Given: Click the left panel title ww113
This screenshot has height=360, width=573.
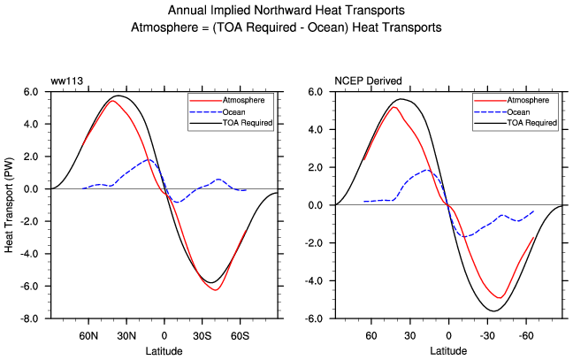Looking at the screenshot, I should [64, 81].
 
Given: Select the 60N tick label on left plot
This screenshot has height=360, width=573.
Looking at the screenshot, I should [88, 336].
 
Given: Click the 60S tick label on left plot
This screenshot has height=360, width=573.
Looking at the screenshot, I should [241, 336].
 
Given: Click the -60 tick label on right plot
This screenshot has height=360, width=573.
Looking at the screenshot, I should [525, 336].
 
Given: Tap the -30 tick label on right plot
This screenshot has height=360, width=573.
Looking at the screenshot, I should [486, 336].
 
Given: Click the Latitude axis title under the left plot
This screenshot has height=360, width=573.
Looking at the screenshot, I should [164, 351].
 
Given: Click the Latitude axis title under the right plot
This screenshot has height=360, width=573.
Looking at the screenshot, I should [448, 351].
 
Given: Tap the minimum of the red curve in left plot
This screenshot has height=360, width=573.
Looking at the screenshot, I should [215, 290].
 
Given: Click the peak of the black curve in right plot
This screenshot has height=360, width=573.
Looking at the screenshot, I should [403, 99].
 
